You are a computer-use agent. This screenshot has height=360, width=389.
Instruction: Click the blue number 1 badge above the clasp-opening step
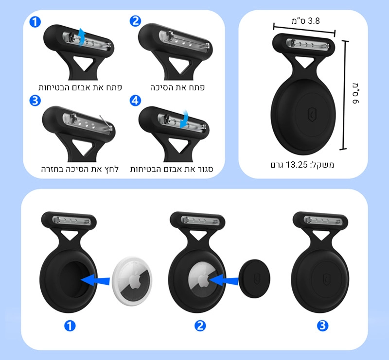(35, 22)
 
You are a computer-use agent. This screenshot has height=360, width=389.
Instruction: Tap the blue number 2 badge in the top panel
(136, 21)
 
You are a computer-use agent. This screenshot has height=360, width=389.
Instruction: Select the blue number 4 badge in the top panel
(135, 101)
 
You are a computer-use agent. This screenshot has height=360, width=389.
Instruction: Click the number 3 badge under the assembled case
(322, 326)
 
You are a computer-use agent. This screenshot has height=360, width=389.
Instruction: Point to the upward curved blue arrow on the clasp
(81, 37)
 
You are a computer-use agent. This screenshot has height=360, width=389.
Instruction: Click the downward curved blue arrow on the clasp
(184, 119)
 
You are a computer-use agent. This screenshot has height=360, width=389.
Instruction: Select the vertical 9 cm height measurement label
(355, 93)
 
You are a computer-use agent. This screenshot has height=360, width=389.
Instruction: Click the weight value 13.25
(297, 164)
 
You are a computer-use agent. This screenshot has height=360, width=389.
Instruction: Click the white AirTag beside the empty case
(132, 281)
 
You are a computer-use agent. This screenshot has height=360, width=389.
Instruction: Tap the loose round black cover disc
(254, 279)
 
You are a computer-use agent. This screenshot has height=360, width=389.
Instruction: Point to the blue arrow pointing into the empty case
(95, 281)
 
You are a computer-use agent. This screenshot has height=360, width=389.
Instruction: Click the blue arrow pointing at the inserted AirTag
(224, 280)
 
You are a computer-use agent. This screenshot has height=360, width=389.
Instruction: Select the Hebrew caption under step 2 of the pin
(177, 87)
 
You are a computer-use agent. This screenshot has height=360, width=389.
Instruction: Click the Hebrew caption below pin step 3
(80, 170)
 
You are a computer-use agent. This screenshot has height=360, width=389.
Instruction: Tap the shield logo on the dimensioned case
(312, 115)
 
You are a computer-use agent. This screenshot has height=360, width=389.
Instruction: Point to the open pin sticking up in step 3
(105, 122)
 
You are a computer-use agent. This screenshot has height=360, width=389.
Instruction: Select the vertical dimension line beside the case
(344, 95)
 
